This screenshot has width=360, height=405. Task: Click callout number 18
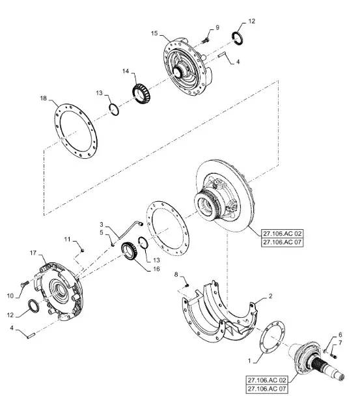[x=44, y=98]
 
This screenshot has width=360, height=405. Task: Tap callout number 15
[x=154, y=33]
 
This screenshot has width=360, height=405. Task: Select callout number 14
[x=126, y=71]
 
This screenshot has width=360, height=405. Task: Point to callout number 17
[x=33, y=253]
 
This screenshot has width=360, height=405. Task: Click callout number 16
[x=156, y=269]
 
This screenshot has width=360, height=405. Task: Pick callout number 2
[x=270, y=296]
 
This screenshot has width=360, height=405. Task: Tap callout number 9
[x=217, y=27]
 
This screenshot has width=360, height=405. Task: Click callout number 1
[x=249, y=361]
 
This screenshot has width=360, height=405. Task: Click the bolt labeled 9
[x=205, y=40]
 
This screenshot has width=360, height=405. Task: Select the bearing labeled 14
[x=141, y=93]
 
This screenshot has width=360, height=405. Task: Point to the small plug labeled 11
[x=82, y=250]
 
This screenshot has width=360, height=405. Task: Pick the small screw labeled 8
[x=187, y=285]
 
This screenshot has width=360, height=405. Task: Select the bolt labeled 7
[x=334, y=356]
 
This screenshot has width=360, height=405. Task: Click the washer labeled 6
[x=325, y=351]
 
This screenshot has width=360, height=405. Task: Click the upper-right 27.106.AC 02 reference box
[x=282, y=234]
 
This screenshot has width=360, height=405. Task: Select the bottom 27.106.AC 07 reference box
[x=267, y=389]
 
